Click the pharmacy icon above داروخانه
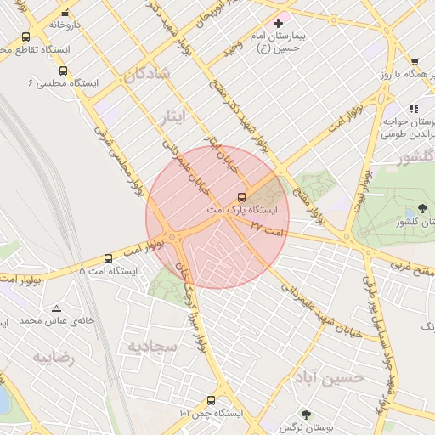pyautogui.click(x=65, y=13)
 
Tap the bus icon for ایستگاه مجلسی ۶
pyautogui.click(x=64, y=71)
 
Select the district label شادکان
pyautogui.click(x=147, y=74)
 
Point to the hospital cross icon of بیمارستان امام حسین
pyautogui.click(x=278, y=23)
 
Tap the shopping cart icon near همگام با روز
pyautogui.click(x=414, y=62)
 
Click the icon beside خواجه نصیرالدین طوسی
pyautogui.click(x=414, y=109)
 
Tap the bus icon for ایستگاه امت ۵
pyautogui.click(x=108, y=257)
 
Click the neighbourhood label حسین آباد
pyautogui.click(x=330, y=376)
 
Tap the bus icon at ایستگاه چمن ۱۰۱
pyautogui.click(x=211, y=400)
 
